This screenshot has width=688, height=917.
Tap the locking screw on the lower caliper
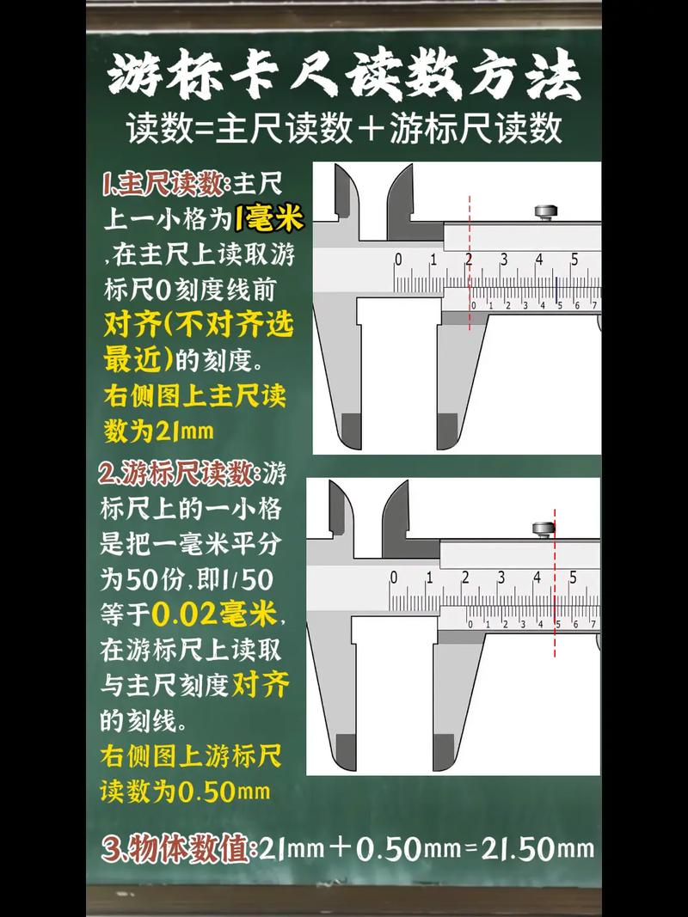pos(544,529)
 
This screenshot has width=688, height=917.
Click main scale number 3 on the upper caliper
pos(503,260)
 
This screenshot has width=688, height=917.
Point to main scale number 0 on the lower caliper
pos(394,577)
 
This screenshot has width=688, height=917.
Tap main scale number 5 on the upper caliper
pos(574,260)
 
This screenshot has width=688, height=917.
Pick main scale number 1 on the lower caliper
pos(429,577)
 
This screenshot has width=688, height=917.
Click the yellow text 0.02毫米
pos(215,614)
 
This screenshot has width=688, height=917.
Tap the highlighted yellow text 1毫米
pos(269,219)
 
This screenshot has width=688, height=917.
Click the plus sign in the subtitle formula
pos(372,129)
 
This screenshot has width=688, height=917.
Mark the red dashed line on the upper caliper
pos(470,262)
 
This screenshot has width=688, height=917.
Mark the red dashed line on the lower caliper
pos(555,584)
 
